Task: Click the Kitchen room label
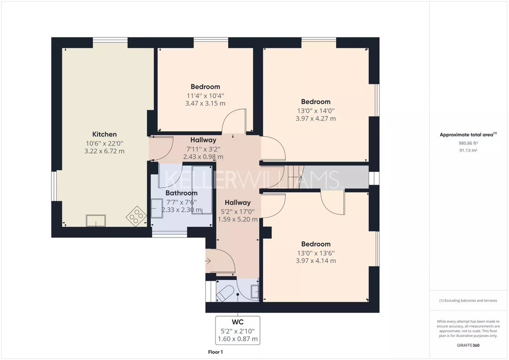[104, 134]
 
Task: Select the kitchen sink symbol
[96, 221]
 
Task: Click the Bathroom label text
[182, 193]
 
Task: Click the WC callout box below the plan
[238, 330]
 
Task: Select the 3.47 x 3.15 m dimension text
[205, 103]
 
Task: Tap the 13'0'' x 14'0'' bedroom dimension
[316, 111]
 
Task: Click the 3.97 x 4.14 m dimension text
[316, 261]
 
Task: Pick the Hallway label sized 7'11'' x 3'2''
[203, 140]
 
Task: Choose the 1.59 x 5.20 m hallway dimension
[238, 219]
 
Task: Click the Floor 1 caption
[216, 352]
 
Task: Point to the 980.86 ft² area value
[468, 142]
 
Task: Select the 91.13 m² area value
[468, 150]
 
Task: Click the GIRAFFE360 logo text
[468, 346]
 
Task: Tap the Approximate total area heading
[468, 135]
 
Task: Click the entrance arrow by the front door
[208, 261]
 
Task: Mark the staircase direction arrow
[295, 177]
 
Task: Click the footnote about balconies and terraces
[468, 301]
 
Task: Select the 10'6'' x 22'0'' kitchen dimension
[104, 143]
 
